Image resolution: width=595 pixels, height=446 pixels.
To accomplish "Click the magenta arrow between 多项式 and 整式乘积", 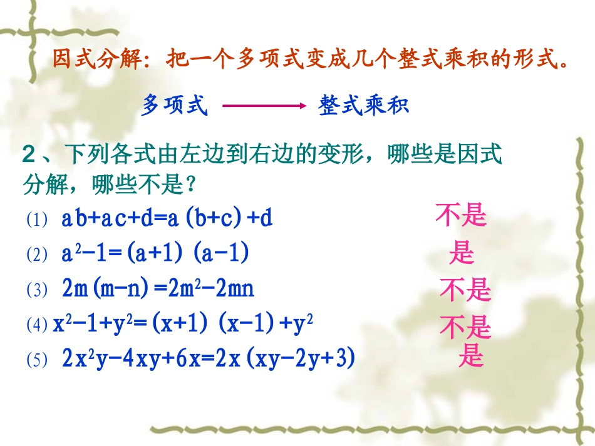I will pos(263,106).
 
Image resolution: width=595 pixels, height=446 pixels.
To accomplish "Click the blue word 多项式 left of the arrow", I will pos(174,105).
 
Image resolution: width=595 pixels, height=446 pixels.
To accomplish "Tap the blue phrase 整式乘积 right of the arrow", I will pos(364,105).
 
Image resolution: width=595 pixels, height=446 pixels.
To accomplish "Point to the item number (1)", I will pos(38,220).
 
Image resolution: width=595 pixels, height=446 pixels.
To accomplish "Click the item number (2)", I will pos(38,255).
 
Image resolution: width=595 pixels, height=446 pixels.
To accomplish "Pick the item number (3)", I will pos(38,290).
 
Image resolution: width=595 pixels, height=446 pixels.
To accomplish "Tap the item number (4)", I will pos(37,325).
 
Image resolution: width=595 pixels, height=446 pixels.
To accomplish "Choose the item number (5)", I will pos(38,360).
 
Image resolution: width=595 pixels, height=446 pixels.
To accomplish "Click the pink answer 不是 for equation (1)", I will pos(461,216).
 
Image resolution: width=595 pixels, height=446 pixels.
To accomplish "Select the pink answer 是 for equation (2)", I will pos(462,253).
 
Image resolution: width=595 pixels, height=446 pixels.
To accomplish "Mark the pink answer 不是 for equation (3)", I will pos(465,290).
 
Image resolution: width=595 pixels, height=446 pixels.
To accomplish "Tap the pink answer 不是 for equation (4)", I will pos(465,327).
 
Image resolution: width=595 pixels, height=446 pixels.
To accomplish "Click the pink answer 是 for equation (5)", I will pos(471,357).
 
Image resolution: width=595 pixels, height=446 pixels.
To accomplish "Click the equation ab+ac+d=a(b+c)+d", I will pos(167,219).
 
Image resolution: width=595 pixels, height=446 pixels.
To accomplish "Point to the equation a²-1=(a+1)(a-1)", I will pos(155,253).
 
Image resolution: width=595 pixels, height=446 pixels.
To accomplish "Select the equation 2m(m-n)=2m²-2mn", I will pos(158,289).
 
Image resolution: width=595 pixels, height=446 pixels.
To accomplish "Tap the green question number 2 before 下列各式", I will pos(29,154).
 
